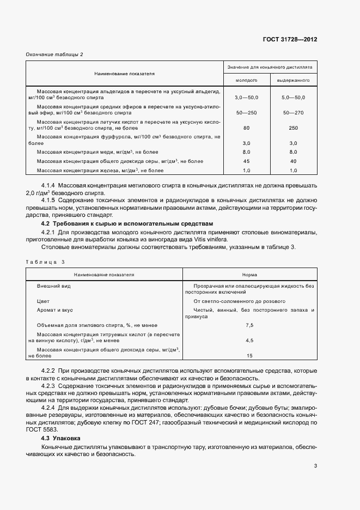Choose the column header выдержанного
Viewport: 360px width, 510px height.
[294, 80]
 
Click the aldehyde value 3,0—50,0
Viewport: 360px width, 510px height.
[246, 97]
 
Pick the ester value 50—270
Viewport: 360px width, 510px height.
[294, 112]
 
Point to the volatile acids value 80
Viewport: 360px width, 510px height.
[246, 127]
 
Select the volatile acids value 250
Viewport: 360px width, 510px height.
[294, 127]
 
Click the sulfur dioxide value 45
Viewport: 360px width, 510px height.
[246, 161]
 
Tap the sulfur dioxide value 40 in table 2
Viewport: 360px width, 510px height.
[294, 161]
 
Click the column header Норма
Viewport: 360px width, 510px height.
[250, 275]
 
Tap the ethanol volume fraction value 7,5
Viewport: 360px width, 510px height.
[250, 325]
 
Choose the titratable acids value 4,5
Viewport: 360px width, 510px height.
[250, 340]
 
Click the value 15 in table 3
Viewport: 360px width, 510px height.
[250, 355]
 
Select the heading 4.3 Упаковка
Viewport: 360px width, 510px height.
[61, 438]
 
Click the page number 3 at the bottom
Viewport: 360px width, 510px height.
[315, 465]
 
